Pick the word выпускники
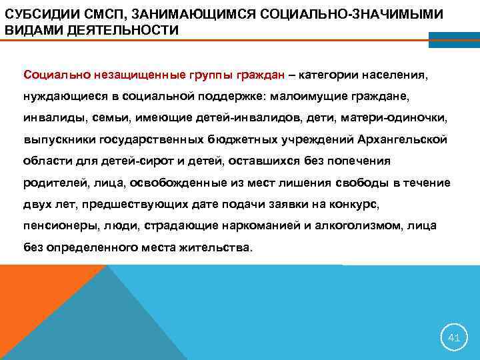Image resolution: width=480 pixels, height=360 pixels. click(56, 139)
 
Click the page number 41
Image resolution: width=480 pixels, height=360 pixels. click(453, 338)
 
